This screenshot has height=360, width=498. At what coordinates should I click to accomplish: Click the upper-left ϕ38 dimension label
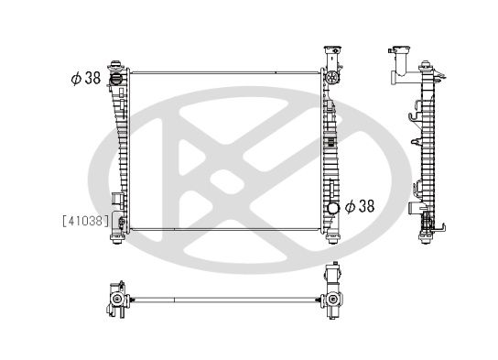(x=84, y=79)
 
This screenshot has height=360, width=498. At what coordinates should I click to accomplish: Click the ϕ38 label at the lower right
(x=361, y=206)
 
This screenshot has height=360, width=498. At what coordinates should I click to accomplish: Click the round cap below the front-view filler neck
(x=332, y=81)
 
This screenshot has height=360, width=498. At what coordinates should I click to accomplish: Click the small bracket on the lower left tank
(x=114, y=202)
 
